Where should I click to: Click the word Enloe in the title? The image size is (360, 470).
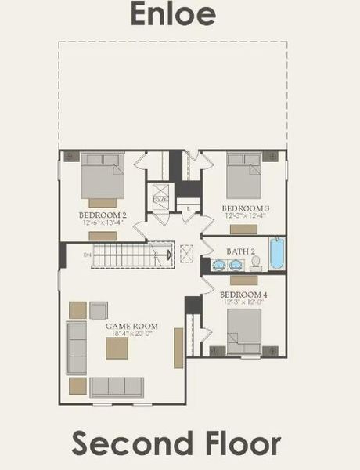pyautogui.click(x=179, y=15)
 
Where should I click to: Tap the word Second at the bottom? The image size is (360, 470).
pyautogui.click(x=129, y=443)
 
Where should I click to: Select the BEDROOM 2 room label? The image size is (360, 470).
pyautogui.click(x=102, y=214)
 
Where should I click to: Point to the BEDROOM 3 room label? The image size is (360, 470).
pyautogui.click(x=245, y=208)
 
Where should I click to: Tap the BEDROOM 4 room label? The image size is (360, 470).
pyautogui.click(x=243, y=294)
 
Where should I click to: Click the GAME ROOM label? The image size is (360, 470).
pyautogui.click(x=132, y=326)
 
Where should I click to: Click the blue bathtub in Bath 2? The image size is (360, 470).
pyautogui.click(x=278, y=254)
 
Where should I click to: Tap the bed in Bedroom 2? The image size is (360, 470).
pyautogui.click(x=103, y=175)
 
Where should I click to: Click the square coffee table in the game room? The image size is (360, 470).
pyautogui.click(x=117, y=347)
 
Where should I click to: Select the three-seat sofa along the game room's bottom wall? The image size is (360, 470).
pyautogui.click(x=117, y=387)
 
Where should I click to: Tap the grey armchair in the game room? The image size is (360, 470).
pyautogui.click(x=99, y=310)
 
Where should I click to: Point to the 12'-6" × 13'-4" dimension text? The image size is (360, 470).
pyautogui.click(x=102, y=222)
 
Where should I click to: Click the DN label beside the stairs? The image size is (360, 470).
pyautogui.click(x=88, y=255)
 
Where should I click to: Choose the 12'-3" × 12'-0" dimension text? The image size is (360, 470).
pyautogui.click(x=243, y=302)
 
